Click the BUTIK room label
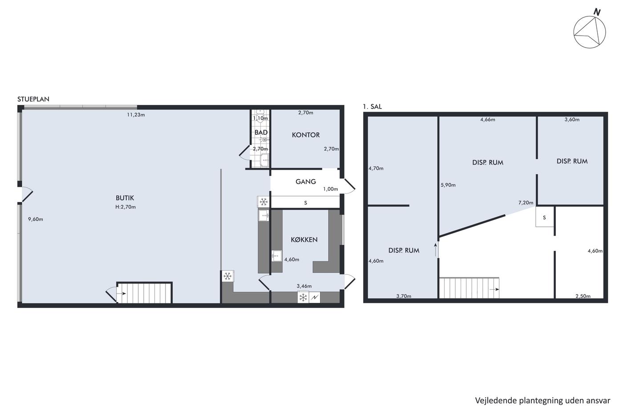click(x=125, y=198)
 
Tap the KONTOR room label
click(x=306, y=135)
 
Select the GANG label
click(x=306, y=182)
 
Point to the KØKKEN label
click(x=304, y=240)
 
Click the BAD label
click(x=261, y=133)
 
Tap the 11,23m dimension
click(x=136, y=115)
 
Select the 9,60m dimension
click(x=36, y=219)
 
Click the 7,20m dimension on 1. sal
click(x=526, y=203)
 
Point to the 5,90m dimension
click(x=448, y=185)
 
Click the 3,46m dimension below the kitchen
click(x=304, y=286)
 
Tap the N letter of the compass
click(x=597, y=12)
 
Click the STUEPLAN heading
click(x=33, y=99)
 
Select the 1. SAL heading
click(x=372, y=107)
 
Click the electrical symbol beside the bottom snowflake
click(x=314, y=298)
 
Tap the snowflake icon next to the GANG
click(x=263, y=201)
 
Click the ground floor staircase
click(x=144, y=293)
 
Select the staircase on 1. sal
click(x=469, y=288)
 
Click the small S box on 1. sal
click(x=544, y=217)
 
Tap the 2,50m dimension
click(x=583, y=296)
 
